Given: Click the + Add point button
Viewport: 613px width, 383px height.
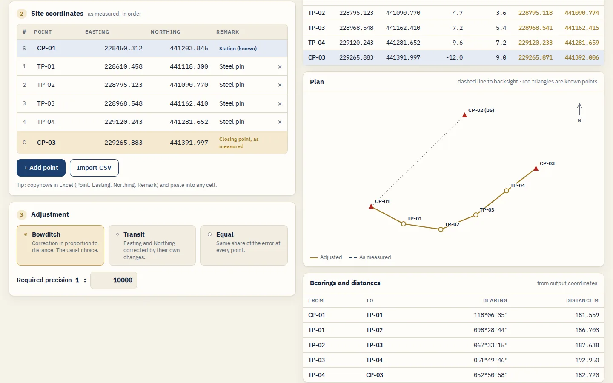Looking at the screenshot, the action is (41, 168).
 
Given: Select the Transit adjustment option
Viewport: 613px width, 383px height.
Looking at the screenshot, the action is (152, 246).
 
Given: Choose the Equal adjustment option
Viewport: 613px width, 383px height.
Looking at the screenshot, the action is (244, 246).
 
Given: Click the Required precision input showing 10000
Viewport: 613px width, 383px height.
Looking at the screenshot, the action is (114, 280).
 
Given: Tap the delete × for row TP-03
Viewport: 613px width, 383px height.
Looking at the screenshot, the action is (280, 104).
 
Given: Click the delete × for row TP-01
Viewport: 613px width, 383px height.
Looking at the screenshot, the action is (280, 67).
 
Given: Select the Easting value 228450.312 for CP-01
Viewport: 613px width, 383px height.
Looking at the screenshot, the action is (123, 48).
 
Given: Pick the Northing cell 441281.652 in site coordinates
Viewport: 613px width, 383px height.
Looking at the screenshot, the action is (189, 122).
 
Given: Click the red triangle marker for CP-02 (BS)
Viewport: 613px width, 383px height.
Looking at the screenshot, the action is (464, 115).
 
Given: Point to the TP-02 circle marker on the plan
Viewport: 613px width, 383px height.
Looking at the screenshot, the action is (441, 229).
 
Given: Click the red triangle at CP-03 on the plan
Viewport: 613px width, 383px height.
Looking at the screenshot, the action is (536, 168).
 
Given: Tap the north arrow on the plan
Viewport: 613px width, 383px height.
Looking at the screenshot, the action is (579, 109).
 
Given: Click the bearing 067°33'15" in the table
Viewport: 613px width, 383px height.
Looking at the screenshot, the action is (490, 345).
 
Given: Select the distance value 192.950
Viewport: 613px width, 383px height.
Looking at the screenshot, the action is (587, 360).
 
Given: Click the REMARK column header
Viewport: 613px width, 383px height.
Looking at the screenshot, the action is (227, 32).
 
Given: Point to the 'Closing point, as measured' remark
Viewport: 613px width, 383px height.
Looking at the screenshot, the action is (239, 143).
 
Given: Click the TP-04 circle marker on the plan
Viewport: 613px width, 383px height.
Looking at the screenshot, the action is (507, 191).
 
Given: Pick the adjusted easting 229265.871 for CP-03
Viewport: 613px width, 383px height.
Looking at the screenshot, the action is (535, 57).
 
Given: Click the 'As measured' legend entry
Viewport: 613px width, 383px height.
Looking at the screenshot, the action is (370, 257).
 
